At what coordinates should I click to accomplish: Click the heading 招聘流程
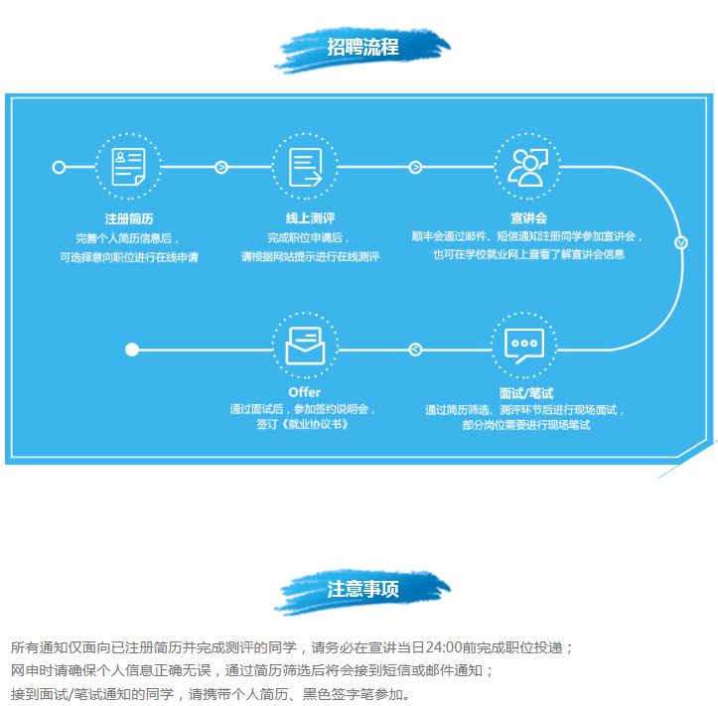(362, 47)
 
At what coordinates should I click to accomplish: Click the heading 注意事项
(362, 589)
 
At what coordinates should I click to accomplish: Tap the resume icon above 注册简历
(128, 167)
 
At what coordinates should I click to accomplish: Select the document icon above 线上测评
(305, 167)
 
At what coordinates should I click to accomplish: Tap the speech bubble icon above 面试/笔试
(523, 347)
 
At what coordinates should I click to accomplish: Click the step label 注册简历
(128, 217)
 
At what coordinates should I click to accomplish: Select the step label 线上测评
(305, 217)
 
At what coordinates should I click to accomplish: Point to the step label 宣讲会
(528, 217)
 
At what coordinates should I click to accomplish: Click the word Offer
(304, 391)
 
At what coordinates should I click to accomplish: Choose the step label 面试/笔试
(526, 392)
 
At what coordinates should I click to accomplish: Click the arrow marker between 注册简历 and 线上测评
(220, 167)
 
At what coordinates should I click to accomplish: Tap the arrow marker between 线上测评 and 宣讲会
(415, 167)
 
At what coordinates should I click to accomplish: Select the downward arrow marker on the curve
(681, 241)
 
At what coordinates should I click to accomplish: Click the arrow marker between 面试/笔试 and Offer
(415, 349)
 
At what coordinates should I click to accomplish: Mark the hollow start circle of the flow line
(59, 167)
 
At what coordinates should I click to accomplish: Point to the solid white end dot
(132, 349)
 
